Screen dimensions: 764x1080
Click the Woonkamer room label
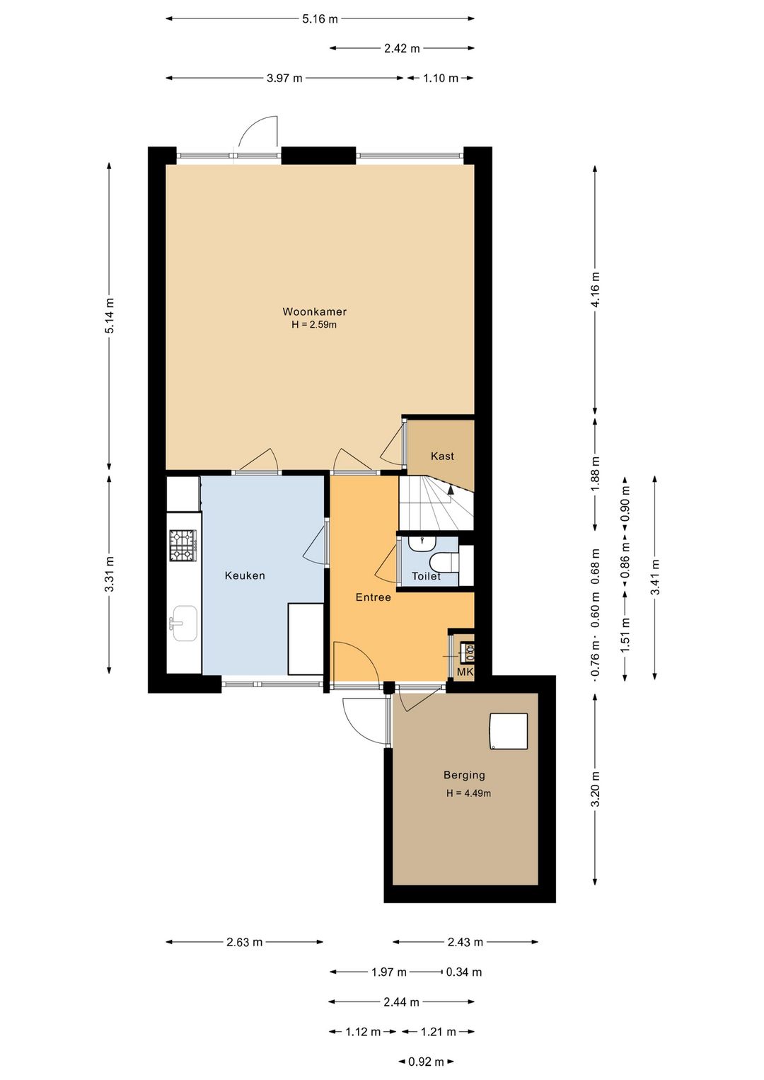point(314,311)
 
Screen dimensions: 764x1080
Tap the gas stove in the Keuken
point(183,546)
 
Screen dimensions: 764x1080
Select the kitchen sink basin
point(185,624)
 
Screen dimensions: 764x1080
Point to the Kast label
point(443,456)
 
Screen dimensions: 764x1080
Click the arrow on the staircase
point(451,490)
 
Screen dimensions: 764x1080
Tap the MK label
point(465,672)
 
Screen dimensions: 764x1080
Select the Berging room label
point(464,775)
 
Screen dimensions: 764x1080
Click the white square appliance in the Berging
point(509,731)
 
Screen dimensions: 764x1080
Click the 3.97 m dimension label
point(284,78)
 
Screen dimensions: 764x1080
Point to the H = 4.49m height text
point(468,793)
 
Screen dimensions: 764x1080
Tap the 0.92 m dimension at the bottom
point(426,1062)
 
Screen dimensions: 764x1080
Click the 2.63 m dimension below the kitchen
point(244,942)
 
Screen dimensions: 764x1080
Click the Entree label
point(373,597)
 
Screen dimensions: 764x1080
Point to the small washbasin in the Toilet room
point(422,544)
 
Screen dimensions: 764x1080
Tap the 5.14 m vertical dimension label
point(110,316)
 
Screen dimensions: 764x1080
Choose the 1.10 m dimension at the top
point(441,78)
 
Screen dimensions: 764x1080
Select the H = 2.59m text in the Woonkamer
point(314,324)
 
